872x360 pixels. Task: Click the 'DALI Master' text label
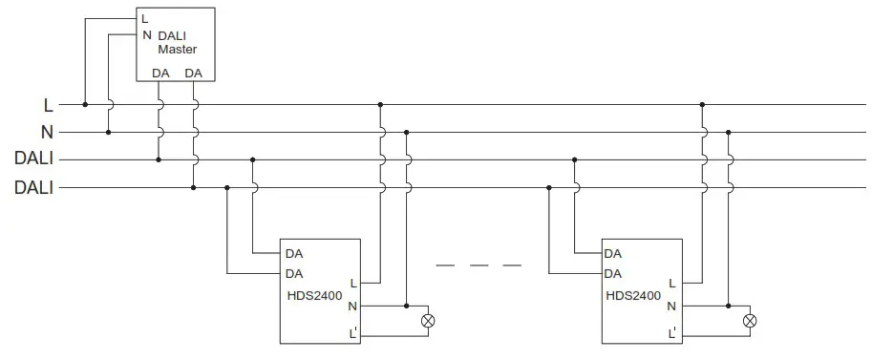[177, 42]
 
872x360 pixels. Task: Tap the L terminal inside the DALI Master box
[145, 19]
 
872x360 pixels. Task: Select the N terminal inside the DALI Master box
[146, 35]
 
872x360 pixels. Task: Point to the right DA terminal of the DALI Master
[193, 74]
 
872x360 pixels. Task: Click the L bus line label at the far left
[49, 104]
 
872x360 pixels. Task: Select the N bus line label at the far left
[47, 132]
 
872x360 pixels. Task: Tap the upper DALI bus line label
[33, 159]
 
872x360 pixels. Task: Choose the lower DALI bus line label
[33, 188]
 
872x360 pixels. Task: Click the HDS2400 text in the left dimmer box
[313, 296]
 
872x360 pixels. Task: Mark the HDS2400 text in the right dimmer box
[633, 296]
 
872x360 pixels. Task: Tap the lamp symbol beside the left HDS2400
[427, 321]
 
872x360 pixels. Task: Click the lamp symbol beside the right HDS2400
[750, 321]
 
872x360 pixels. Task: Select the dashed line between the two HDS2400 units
[479, 265]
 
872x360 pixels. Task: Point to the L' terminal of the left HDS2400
[353, 333]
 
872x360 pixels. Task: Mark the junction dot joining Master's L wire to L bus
[85, 104]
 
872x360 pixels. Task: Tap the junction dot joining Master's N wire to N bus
[108, 132]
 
